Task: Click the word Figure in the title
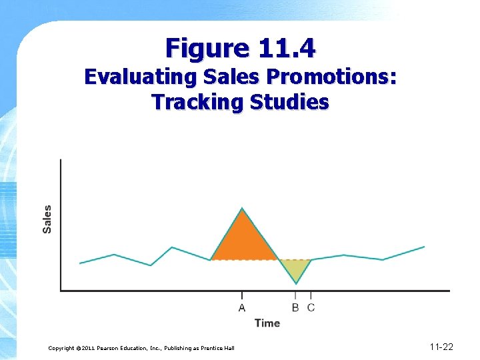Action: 205,48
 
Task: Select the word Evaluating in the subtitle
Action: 138,77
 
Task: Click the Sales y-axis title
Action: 47,219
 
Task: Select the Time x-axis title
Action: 267,323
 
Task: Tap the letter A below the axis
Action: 241,307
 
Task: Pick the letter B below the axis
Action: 295,307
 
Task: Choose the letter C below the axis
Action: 311,307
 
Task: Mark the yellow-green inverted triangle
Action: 295,267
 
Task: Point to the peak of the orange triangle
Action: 243,209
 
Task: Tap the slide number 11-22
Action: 441,347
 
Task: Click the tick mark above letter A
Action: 241,295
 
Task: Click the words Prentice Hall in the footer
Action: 217,349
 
